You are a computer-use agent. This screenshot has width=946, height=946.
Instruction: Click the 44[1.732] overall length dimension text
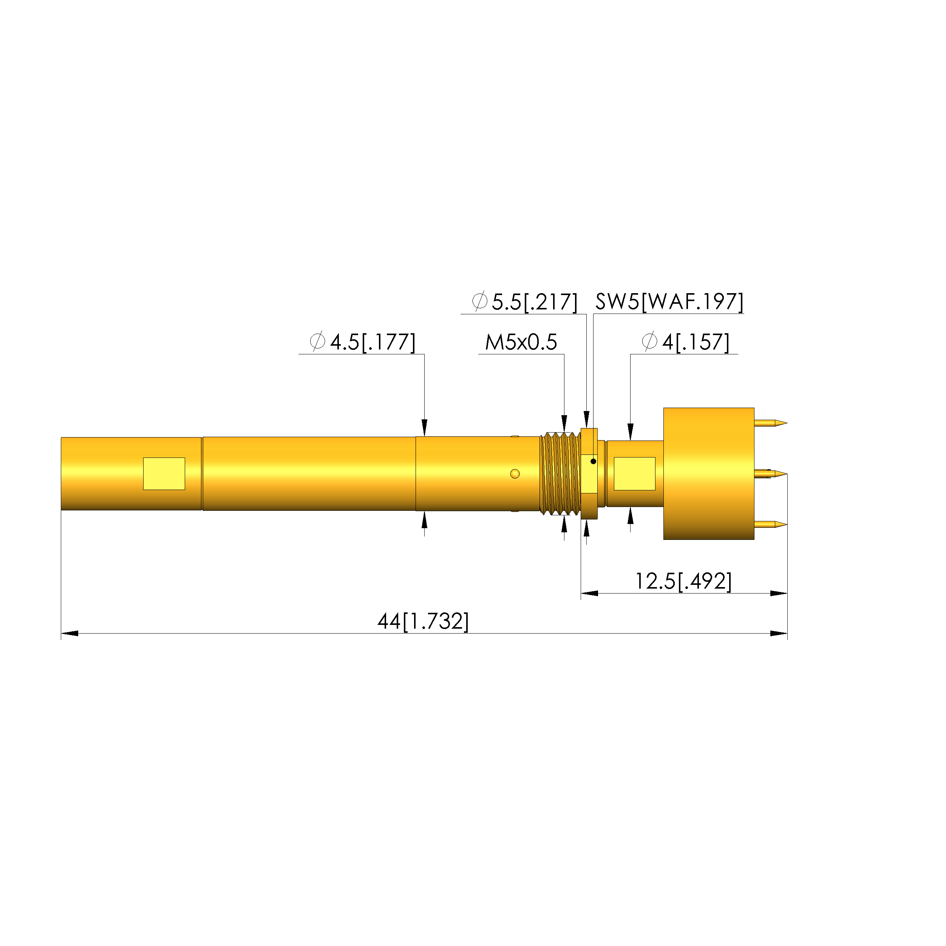point(423,621)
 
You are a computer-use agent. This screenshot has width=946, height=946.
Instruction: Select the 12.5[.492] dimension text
point(683,581)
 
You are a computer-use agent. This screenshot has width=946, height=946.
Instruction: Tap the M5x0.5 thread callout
point(521,342)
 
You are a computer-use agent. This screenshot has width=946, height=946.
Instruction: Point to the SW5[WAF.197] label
point(669,301)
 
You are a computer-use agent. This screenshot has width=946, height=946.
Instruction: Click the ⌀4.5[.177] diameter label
point(362,342)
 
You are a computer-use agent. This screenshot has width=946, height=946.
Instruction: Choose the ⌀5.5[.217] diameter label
point(524,301)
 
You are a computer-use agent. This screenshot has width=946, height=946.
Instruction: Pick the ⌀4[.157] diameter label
point(685,342)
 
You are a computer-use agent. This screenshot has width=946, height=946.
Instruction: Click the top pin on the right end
point(771,423)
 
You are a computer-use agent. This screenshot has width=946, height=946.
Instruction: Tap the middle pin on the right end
point(771,474)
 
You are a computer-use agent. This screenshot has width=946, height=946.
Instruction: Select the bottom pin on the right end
point(771,525)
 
